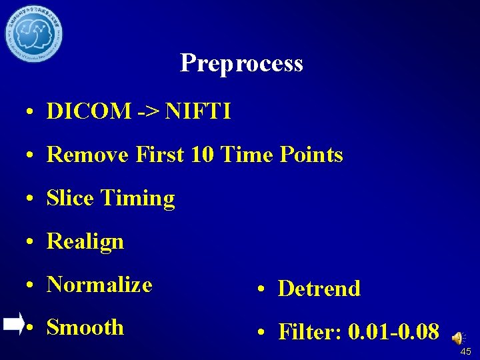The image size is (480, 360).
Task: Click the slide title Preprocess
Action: click(241, 63)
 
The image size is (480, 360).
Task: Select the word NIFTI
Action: click(198, 111)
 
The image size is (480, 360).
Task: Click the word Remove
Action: click(88, 155)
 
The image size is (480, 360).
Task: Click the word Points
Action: click(310, 155)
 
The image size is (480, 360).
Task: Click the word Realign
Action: click(85, 241)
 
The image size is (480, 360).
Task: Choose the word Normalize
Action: click(100, 285)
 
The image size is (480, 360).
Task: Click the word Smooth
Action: click(85, 327)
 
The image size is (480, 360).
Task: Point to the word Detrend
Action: click(319, 289)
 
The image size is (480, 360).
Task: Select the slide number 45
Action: click(465, 351)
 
